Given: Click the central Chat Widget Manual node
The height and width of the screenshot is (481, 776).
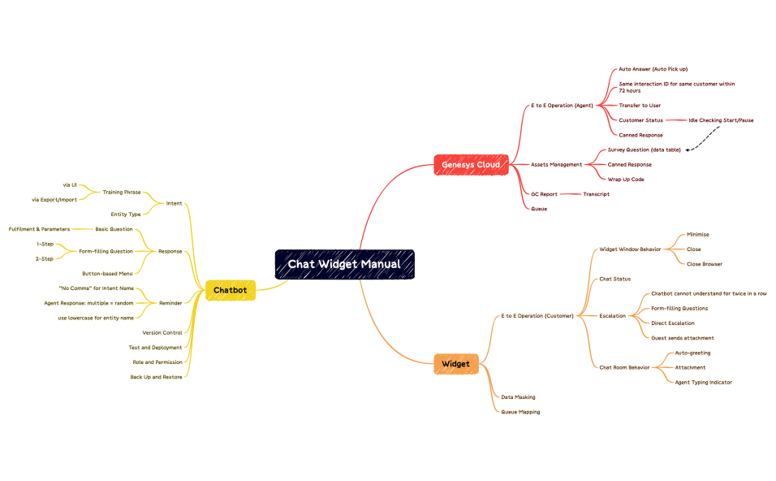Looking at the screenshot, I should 344,264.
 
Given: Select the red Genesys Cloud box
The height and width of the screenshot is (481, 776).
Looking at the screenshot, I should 471,164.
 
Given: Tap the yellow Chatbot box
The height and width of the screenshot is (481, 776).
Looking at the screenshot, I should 230,289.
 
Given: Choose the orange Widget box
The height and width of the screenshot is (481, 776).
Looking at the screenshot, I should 455,363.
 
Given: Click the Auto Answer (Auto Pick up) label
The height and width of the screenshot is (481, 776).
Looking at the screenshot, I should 653,69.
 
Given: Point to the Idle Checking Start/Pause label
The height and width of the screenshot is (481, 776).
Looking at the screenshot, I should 721,120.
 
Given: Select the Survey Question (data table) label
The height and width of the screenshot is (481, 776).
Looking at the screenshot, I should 644,149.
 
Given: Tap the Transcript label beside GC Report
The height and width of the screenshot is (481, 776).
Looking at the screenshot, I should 596,194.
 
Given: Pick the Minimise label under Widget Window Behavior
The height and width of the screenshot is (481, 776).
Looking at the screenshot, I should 697,234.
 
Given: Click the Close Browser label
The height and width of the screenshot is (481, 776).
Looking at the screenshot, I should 704,264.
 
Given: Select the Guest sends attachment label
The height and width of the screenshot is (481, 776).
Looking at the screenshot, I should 683,338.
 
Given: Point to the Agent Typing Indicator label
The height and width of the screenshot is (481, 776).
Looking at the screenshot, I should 703,382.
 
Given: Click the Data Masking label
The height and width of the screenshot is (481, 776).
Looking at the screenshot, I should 517,396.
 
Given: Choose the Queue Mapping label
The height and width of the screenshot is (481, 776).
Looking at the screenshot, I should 519,412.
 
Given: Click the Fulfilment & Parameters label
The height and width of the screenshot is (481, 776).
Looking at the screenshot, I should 39,229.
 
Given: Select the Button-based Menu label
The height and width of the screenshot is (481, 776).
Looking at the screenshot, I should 107,273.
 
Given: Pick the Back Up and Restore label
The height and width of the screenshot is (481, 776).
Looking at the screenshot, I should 156,376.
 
